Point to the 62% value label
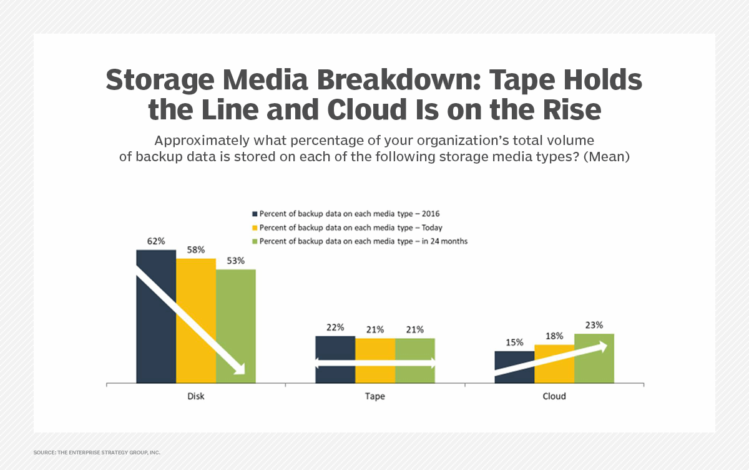click(156, 241)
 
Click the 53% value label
click(236, 261)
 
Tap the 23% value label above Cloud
click(594, 325)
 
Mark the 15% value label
click(514, 342)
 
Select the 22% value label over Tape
click(335, 327)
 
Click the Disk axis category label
click(196, 396)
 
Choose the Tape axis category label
click(375, 396)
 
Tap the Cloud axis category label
click(554, 396)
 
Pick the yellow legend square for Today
click(254, 227)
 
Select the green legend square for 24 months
click(254, 241)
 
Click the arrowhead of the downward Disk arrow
click(238, 369)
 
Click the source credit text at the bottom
click(97, 452)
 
